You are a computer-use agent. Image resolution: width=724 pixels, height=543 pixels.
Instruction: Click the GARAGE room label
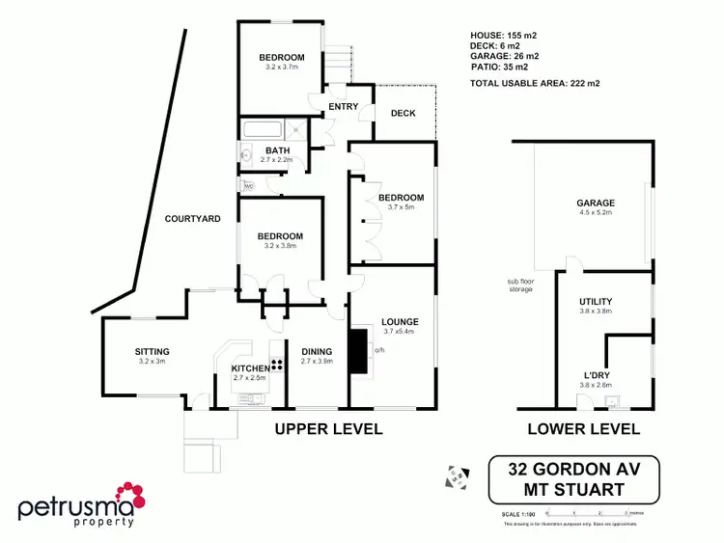pos(596,203)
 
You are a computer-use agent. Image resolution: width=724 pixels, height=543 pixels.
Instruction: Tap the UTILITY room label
pos(596,301)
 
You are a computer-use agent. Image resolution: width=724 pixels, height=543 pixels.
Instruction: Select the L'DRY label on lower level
pos(596,374)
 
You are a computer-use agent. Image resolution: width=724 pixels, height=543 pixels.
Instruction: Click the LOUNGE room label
pos(398,321)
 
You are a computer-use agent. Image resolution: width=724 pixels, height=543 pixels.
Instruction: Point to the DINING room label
pos(317,351)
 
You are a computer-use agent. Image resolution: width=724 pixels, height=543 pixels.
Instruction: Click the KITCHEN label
pos(250,368)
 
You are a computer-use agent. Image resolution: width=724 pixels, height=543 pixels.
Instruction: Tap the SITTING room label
pos(153,351)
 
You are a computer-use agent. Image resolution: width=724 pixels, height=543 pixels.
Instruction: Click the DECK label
pos(403,113)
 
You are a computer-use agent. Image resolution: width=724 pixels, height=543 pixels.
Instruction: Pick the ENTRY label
pos(344,106)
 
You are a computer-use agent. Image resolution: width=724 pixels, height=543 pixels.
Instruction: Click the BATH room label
pos(278,150)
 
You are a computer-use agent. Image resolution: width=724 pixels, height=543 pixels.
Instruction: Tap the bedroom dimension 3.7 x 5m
pos(402,207)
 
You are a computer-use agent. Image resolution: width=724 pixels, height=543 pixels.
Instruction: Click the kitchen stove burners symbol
pos(277,365)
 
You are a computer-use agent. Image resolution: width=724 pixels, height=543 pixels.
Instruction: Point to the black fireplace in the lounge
pos(358,350)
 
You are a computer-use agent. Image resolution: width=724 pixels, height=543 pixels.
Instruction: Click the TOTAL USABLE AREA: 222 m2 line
pos(534,83)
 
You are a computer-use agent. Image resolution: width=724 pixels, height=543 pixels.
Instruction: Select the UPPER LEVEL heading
pos(328,428)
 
